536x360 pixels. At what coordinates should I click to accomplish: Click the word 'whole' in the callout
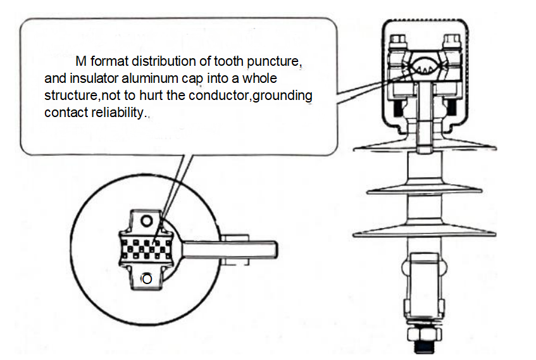(x=260, y=80)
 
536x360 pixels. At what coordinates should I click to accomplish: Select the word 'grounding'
(x=281, y=96)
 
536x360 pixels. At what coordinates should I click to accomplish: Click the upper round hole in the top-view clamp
(x=147, y=220)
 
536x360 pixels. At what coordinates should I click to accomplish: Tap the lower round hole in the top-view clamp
(x=147, y=278)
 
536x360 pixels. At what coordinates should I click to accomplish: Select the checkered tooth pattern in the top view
(x=147, y=249)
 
